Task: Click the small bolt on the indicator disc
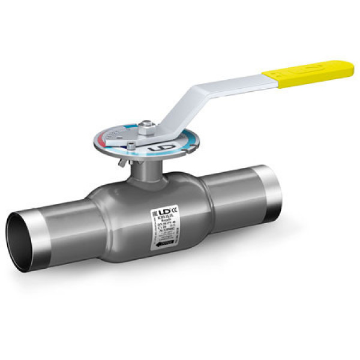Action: point(130,146)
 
